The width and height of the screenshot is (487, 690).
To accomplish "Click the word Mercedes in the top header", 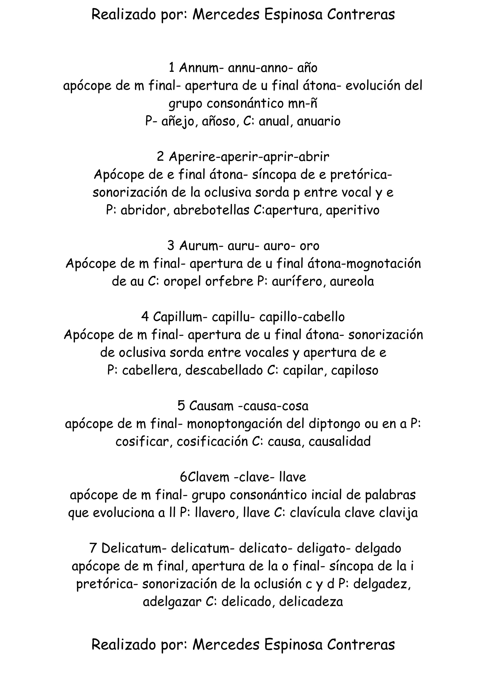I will pos(226,15).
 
